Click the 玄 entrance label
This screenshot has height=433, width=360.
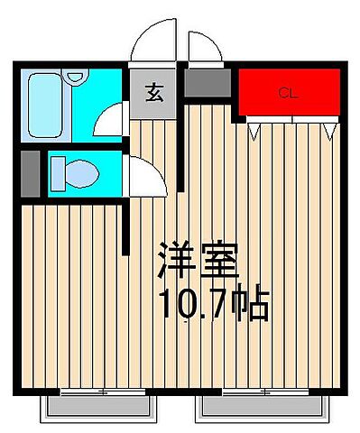[154, 90]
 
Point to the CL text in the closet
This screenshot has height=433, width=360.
[287, 92]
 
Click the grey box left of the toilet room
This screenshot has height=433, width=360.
[29, 173]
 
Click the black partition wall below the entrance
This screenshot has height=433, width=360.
[180, 153]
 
